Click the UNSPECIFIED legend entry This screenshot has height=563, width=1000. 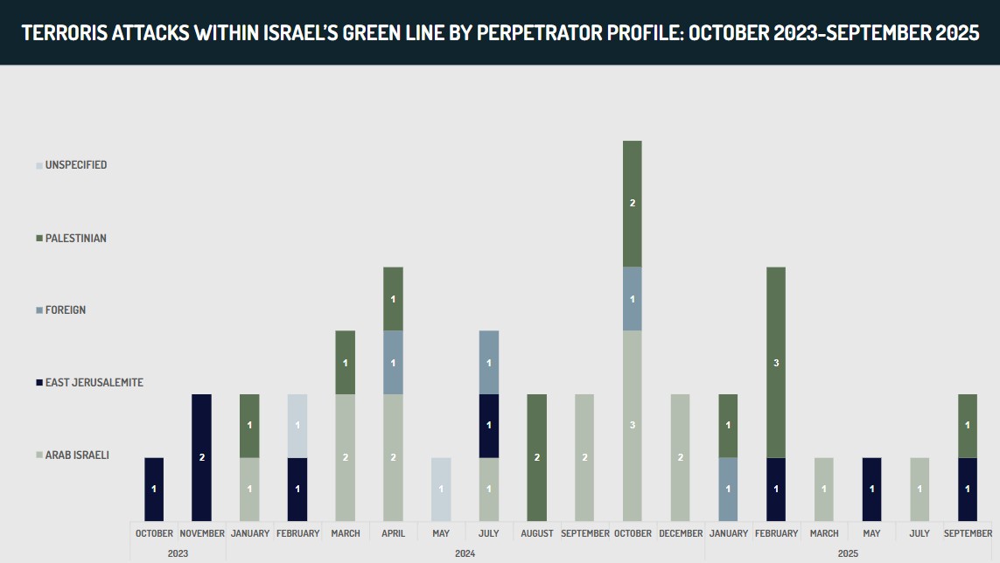[75, 165]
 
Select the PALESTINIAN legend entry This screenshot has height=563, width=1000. [75, 238]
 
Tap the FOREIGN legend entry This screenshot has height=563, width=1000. [65, 310]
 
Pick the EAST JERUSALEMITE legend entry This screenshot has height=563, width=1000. [94, 383]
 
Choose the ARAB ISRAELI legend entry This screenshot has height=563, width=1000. [77, 455]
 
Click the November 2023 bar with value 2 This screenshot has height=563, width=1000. [202, 457]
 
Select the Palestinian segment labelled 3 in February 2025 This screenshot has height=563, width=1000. [776, 362]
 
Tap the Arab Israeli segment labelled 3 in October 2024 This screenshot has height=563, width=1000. [633, 426]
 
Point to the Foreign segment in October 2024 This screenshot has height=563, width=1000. [633, 299]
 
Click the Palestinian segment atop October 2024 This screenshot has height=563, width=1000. [633, 203]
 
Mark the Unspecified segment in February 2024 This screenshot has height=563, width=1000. [297, 426]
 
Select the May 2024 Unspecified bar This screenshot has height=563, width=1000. [441, 489]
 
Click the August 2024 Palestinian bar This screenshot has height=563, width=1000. [536, 457]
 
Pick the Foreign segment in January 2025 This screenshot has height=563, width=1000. [728, 489]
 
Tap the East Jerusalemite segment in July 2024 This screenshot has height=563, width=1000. [489, 426]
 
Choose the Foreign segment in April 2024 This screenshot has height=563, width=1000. [393, 362]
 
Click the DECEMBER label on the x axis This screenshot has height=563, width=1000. [680, 533]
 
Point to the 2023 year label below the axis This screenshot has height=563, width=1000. [178, 553]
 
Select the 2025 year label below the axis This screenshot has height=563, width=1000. [848, 553]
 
